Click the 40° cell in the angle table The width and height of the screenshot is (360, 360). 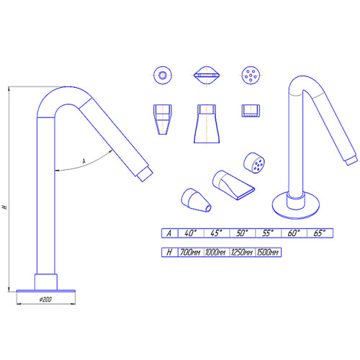point(191,233)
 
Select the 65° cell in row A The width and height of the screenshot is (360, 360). point(320,233)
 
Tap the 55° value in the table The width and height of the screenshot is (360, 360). point(268,233)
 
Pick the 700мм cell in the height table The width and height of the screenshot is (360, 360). point(191,252)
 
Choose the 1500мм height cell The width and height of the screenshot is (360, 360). point(268,252)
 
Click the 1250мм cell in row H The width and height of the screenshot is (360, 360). point(243,252)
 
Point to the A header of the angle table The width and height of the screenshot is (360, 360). point(170,233)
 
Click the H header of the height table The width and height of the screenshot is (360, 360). point(170,252)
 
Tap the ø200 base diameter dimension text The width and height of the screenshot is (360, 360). point(45,300)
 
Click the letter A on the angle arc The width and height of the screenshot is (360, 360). point(84,161)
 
